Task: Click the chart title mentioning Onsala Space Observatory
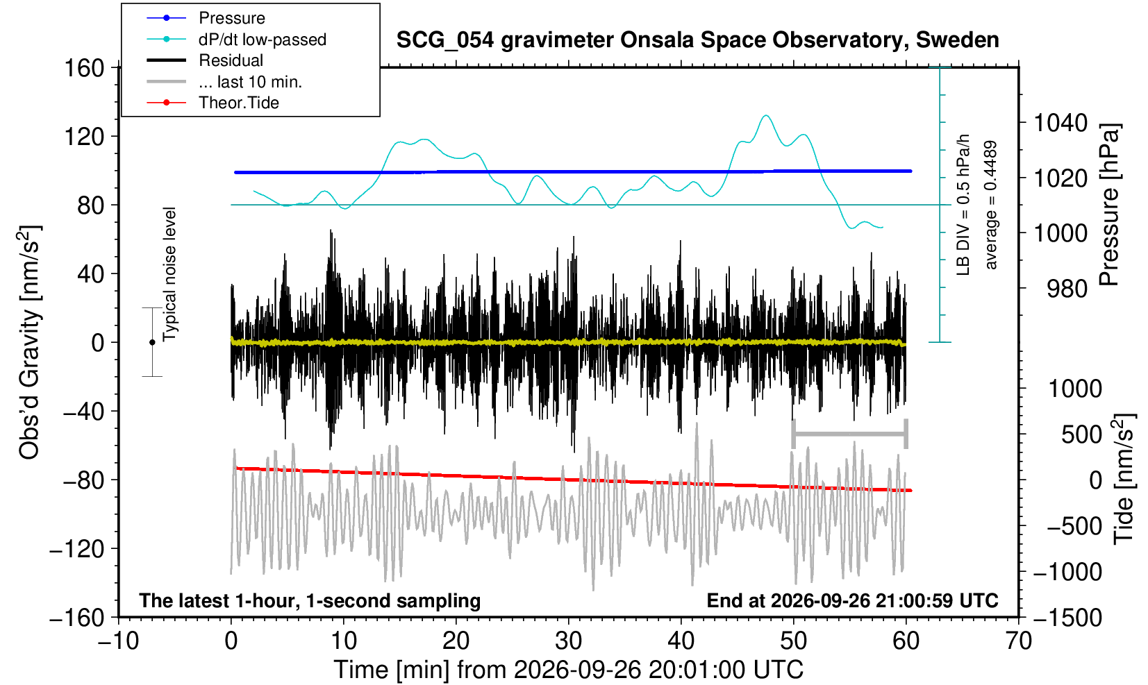(697, 40)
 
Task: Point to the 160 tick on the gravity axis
(84, 68)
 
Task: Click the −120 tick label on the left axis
(77, 550)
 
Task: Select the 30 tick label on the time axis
(568, 641)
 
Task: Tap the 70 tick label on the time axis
(1018, 641)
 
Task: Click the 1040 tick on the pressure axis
(1060, 123)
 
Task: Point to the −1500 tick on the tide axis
(1067, 618)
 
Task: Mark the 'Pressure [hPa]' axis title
(1110, 205)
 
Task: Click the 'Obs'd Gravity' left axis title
(29, 342)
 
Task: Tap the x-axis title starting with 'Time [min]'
(568, 670)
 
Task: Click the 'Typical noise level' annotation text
(169, 275)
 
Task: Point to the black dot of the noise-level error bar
(152, 342)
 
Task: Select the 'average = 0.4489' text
(991, 205)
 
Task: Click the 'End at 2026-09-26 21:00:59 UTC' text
(852, 600)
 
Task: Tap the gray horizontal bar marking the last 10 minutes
(850, 434)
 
